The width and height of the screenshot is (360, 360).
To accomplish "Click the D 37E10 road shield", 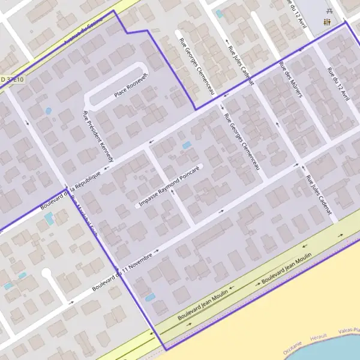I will (12, 79).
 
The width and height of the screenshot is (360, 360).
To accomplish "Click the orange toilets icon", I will (328, 22).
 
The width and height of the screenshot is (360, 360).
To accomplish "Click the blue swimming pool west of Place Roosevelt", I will (48, 111).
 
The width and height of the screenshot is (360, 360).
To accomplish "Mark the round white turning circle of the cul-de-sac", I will (46, 273).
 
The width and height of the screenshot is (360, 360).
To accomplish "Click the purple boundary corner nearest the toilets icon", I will (346, 23).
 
